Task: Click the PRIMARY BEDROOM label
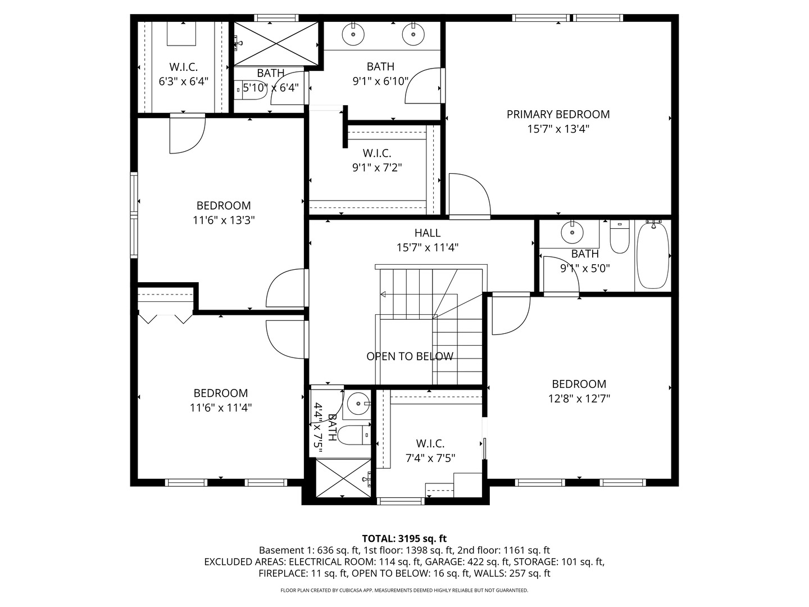[x=558, y=115]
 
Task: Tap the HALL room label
[x=428, y=233]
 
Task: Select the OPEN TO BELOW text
[x=410, y=356]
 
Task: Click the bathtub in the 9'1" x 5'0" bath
[x=652, y=255]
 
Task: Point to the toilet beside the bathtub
[x=620, y=238]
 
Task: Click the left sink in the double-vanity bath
[x=353, y=35]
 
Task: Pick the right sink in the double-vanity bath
[x=413, y=35]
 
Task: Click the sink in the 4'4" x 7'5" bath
[x=356, y=403]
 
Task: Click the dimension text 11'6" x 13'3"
[x=224, y=220]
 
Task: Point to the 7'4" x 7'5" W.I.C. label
[x=430, y=444]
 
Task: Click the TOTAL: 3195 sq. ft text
[x=404, y=538]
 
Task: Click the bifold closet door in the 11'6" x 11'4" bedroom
[x=166, y=319]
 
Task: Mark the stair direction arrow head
[x=383, y=294]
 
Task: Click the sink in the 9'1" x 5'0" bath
[x=572, y=231]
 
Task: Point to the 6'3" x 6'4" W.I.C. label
[x=184, y=67]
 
